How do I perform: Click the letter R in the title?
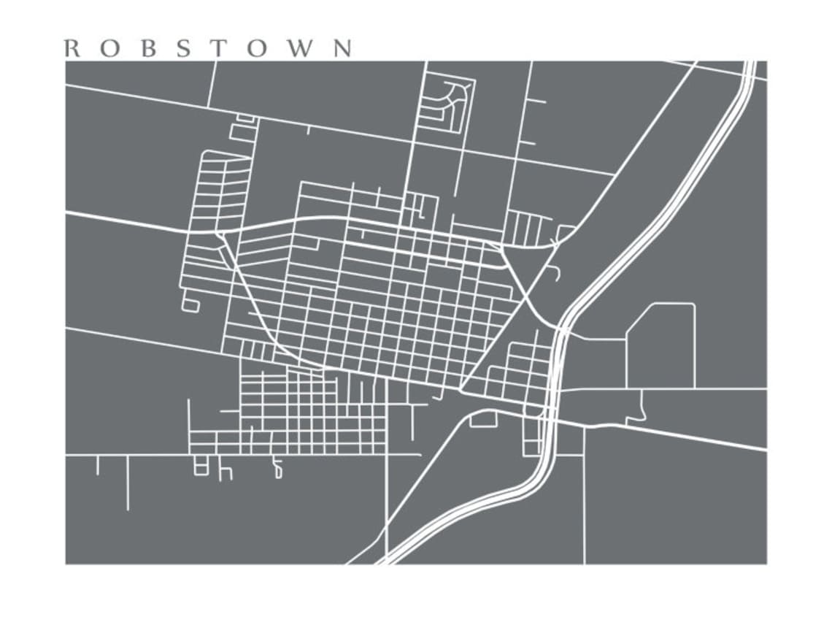tap(72, 48)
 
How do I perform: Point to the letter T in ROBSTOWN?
tap(217, 48)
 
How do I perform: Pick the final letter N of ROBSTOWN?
tap(342, 48)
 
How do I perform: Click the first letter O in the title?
tap(108, 48)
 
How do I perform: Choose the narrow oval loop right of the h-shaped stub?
tap(277, 469)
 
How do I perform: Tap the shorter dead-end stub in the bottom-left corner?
tap(97, 465)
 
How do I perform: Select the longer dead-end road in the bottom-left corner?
tap(128, 483)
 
